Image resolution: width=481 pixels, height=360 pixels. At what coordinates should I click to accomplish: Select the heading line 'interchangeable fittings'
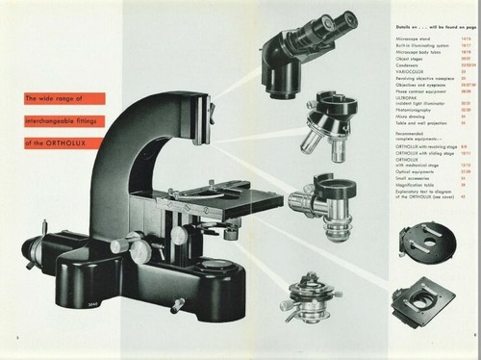[x=62, y=120]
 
